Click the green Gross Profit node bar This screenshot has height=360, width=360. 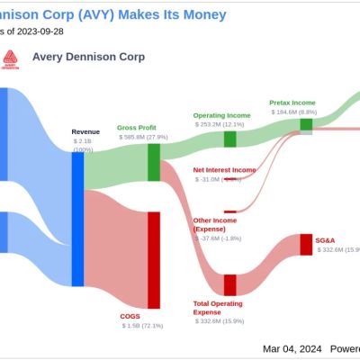pyautogui.click(x=154, y=160)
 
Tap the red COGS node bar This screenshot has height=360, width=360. pyautogui.click(x=154, y=258)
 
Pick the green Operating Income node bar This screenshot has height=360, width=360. pyautogui.click(x=229, y=139)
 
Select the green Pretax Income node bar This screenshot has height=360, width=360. pyautogui.click(x=306, y=125)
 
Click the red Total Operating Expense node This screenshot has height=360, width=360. pyautogui.click(x=229, y=284)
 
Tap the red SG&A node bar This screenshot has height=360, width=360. pyautogui.click(x=306, y=245)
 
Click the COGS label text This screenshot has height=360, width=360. pyautogui.click(x=130, y=316)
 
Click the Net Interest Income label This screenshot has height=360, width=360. pyautogui.click(x=224, y=170)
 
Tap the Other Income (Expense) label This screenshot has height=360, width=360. pyautogui.click(x=217, y=225)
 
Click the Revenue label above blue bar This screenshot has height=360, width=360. pyautogui.click(x=85, y=132)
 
